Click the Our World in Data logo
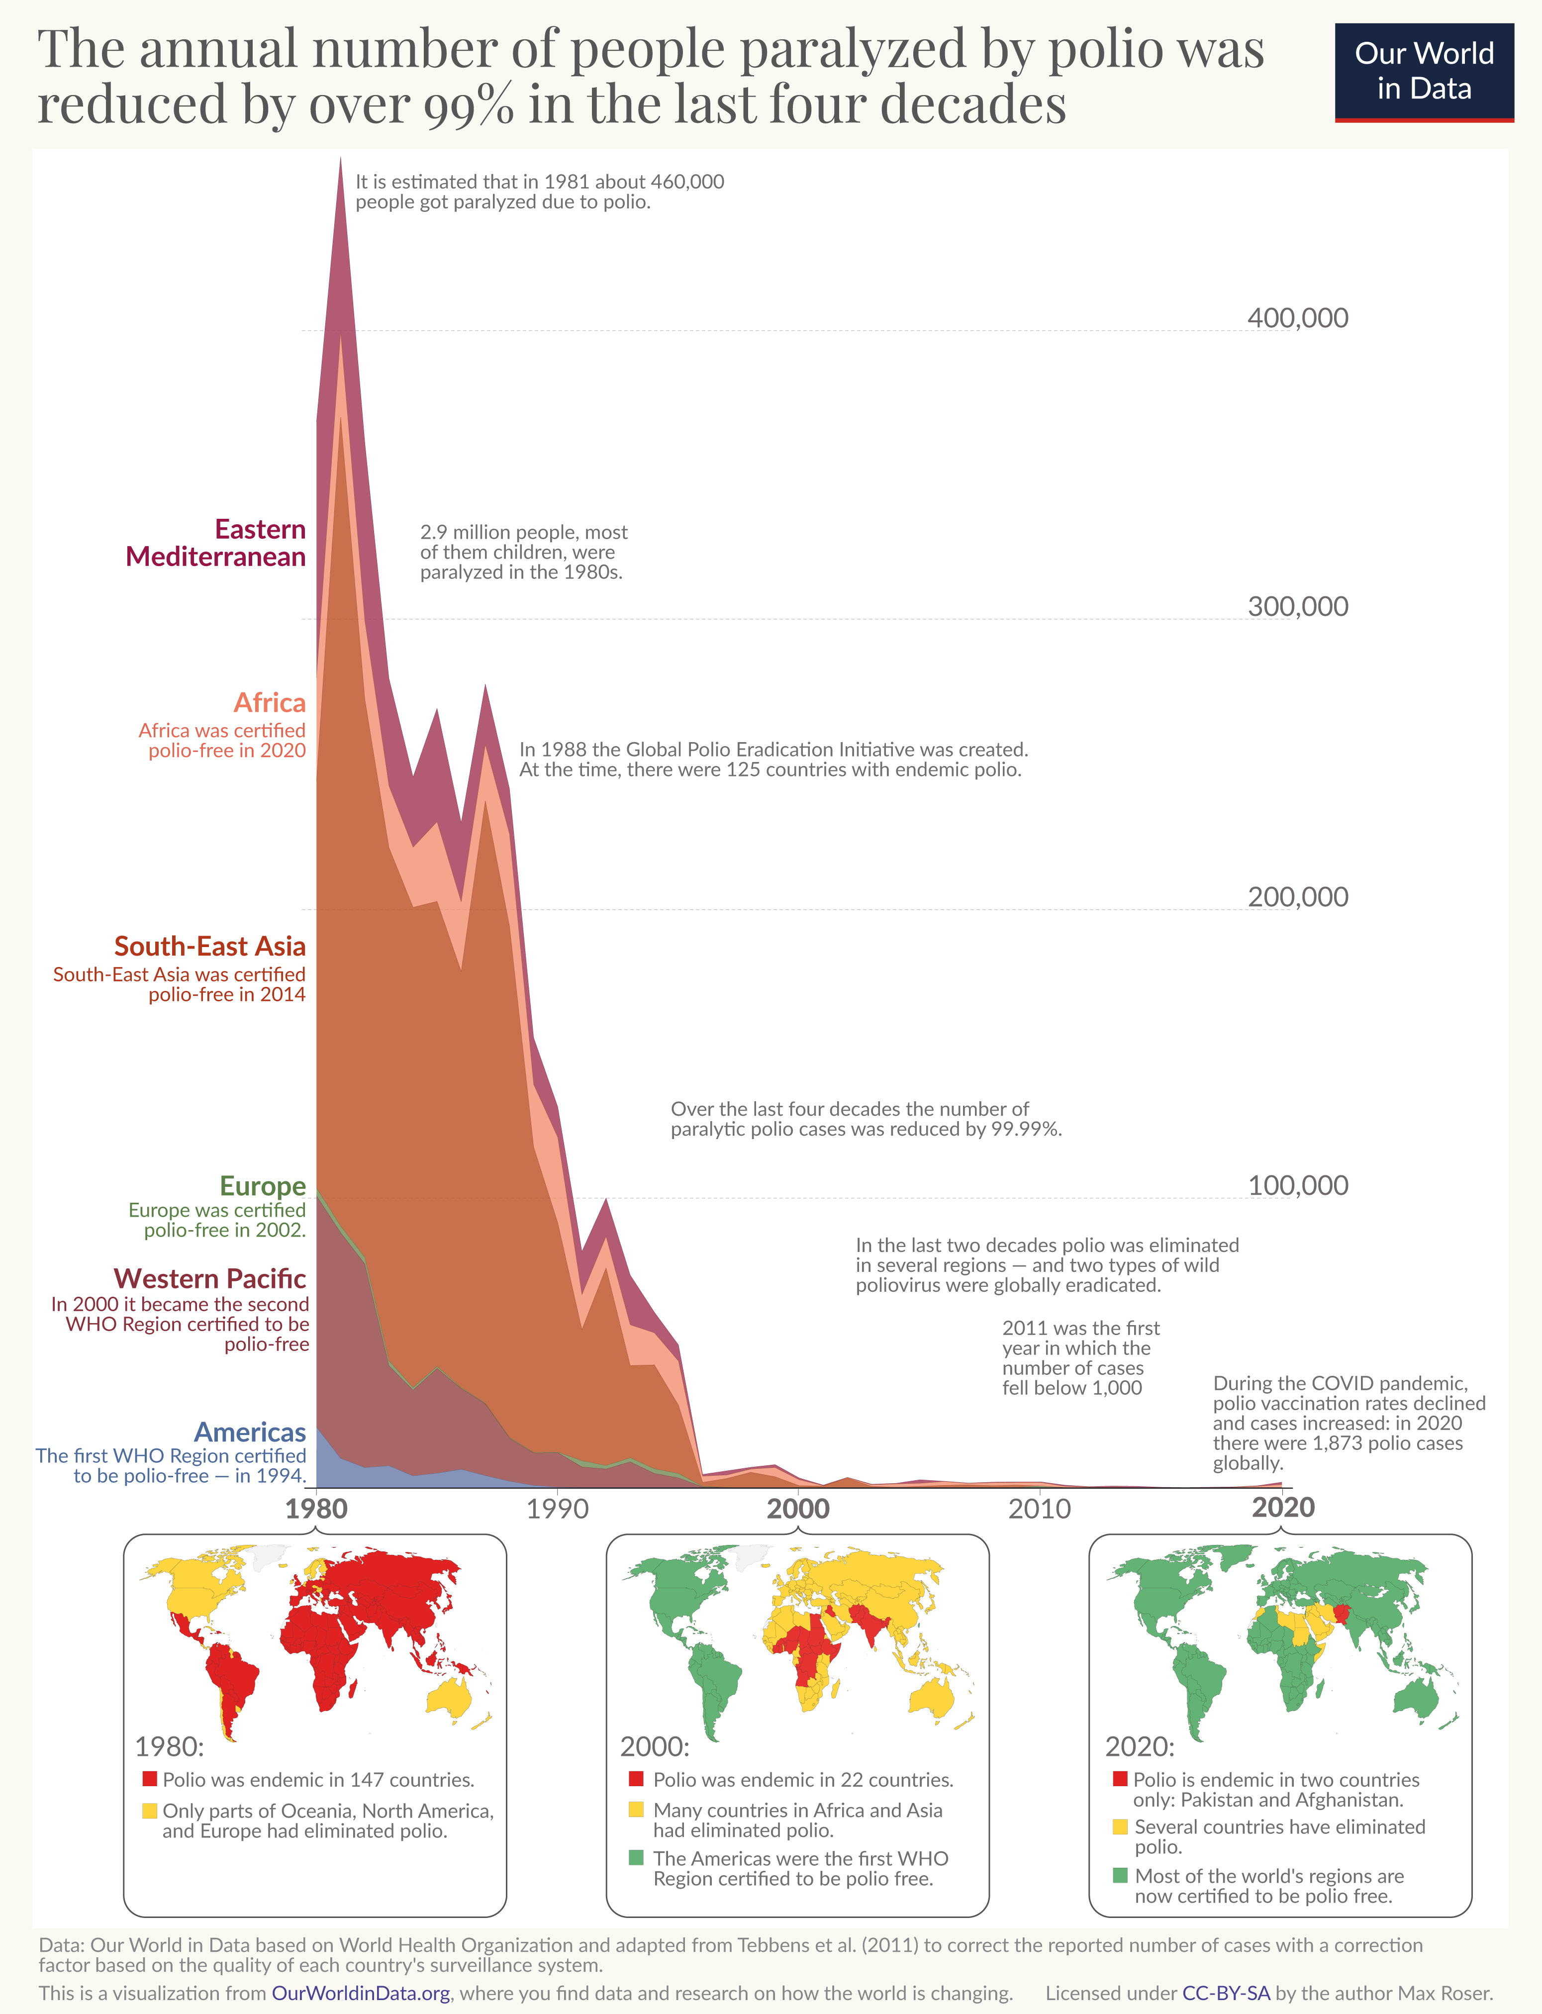point(1424,72)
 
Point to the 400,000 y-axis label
point(1297,318)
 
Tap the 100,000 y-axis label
point(1297,1185)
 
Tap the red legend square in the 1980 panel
point(150,1779)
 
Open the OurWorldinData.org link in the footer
point(361,1993)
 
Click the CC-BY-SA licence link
point(1225,1993)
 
